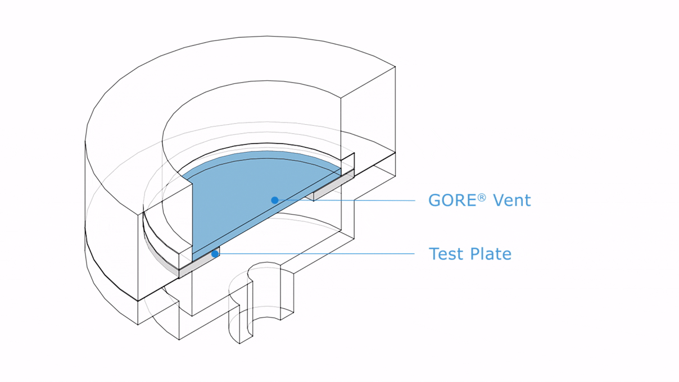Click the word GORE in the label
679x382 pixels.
[453, 201]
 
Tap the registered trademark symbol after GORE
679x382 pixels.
[482, 197]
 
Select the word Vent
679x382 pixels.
[511, 201]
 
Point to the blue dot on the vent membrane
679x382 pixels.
[274, 200]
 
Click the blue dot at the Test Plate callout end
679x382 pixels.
[215, 254]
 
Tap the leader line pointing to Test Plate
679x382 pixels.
[315, 254]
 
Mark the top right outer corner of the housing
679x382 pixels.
[395, 67]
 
